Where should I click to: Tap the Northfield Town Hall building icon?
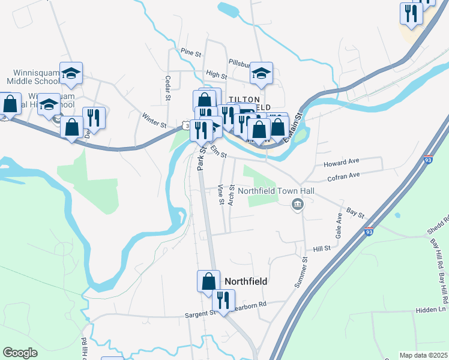pyautogui.click(x=297, y=206)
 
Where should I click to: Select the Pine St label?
pyautogui.click(x=190, y=53)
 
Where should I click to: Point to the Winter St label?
pyautogui.click(x=154, y=120)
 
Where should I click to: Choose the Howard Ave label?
pyautogui.click(x=340, y=163)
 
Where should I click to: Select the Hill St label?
pyautogui.click(x=322, y=248)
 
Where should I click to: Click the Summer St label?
pyautogui.click(x=301, y=272)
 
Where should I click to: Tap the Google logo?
pyautogui.click(x=20, y=353)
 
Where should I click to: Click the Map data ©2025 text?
pyautogui.click(x=423, y=355)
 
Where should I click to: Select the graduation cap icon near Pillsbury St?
pyautogui.click(x=261, y=73)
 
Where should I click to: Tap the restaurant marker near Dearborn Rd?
pyautogui.click(x=223, y=300)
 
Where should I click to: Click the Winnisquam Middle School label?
pyautogui.click(x=32, y=76)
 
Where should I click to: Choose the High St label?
pyautogui.click(x=216, y=75)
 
